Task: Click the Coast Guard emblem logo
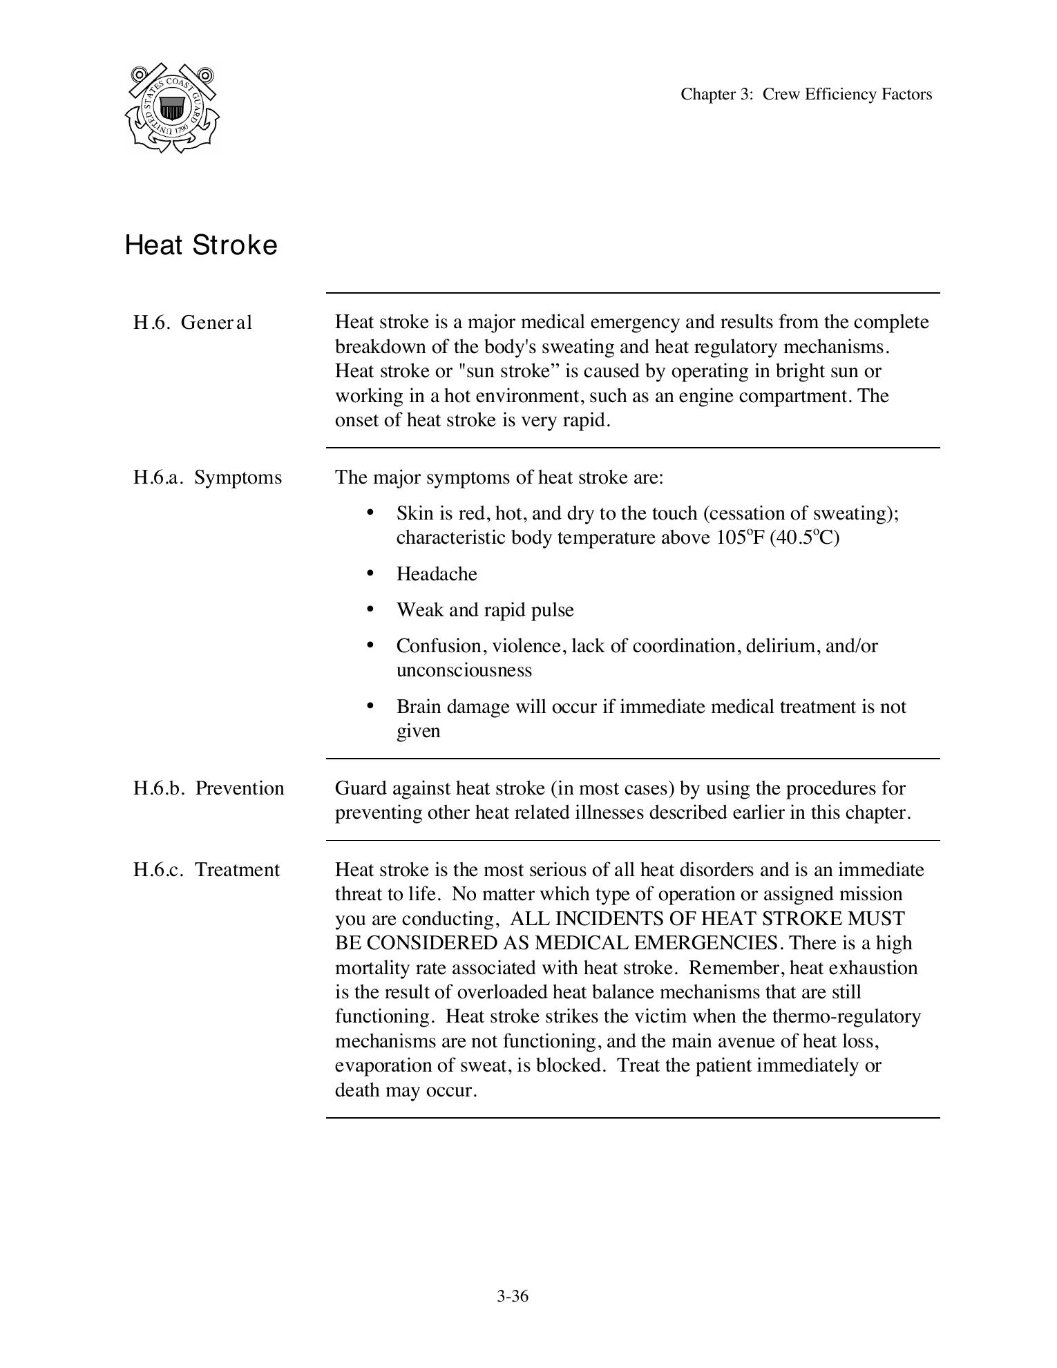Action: (x=172, y=108)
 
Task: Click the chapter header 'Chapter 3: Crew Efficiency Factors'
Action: (x=806, y=94)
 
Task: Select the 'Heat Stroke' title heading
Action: (x=201, y=245)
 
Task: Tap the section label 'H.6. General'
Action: (x=193, y=323)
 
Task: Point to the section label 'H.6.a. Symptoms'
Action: (x=207, y=477)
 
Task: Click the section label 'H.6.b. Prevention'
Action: (x=209, y=788)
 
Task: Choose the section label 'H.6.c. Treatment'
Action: (x=207, y=870)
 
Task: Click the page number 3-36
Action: (x=512, y=1296)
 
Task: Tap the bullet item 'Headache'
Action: (x=437, y=574)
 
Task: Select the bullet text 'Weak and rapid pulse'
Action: (x=485, y=610)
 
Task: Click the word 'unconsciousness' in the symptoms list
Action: (x=464, y=670)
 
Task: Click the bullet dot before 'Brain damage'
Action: (x=370, y=705)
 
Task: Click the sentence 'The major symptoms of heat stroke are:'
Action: (x=499, y=477)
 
